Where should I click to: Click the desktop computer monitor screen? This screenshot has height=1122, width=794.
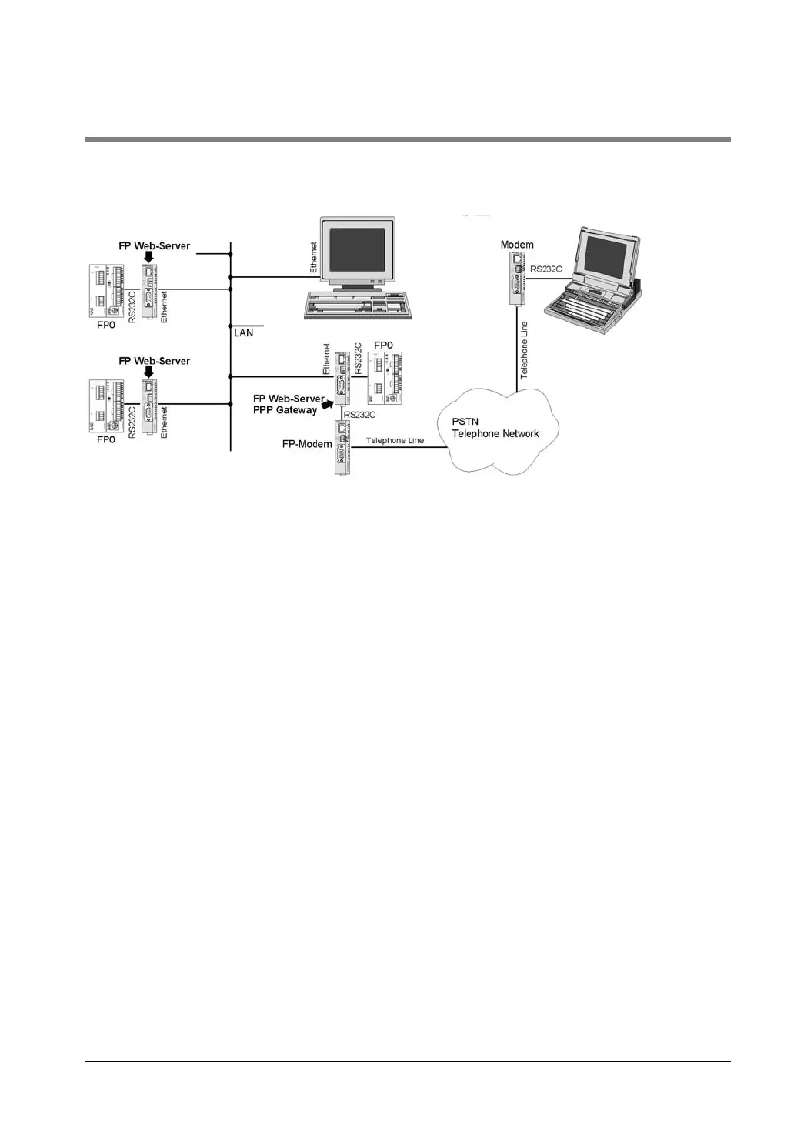(357, 249)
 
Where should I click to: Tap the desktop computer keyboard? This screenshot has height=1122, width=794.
(357, 306)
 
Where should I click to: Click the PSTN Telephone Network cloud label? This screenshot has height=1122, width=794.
(495, 428)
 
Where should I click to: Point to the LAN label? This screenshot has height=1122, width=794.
(243, 332)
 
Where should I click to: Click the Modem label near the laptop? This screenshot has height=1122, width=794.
(517, 245)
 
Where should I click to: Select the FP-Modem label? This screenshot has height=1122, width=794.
(307, 444)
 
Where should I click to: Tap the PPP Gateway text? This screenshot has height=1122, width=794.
(285, 410)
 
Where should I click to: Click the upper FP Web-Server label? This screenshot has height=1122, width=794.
(154, 246)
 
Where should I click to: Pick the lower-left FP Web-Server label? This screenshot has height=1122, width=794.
(154, 361)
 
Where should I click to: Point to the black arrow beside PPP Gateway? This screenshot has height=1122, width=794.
(329, 403)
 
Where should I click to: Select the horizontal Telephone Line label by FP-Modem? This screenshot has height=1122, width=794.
(395, 441)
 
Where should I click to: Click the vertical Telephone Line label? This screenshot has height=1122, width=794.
(525, 349)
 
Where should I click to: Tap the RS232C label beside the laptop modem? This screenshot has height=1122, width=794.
(546, 269)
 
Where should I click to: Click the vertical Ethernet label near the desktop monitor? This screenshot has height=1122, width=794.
(314, 258)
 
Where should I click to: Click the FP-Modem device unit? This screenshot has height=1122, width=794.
(342, 447)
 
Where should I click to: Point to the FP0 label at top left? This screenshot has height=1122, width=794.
(105, 326)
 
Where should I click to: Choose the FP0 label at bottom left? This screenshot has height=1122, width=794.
(105, 439)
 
